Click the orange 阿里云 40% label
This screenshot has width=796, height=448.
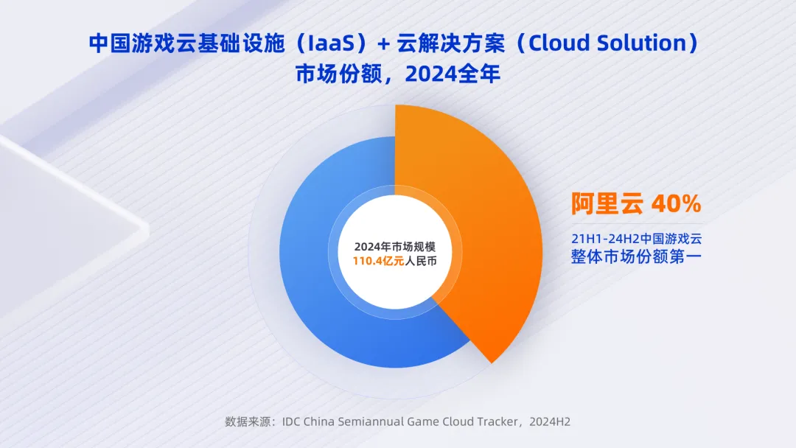click(x=636, y=203)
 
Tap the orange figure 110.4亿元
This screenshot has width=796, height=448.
click(x=378, y=262)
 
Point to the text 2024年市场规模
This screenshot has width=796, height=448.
click(x=395, y=247)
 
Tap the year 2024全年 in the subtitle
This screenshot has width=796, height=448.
click(x=453, y=74)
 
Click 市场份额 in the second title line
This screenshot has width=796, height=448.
click(x=338, y=74)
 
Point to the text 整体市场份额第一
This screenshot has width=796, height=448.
click(x=636, y=256)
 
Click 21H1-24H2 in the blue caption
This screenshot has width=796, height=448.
click(x=605, y=239)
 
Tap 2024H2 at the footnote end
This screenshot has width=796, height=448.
click(x=550, y=421)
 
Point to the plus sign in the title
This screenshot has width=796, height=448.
click(x=383, y=44)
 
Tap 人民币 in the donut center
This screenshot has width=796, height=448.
click(x=420, y=262)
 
